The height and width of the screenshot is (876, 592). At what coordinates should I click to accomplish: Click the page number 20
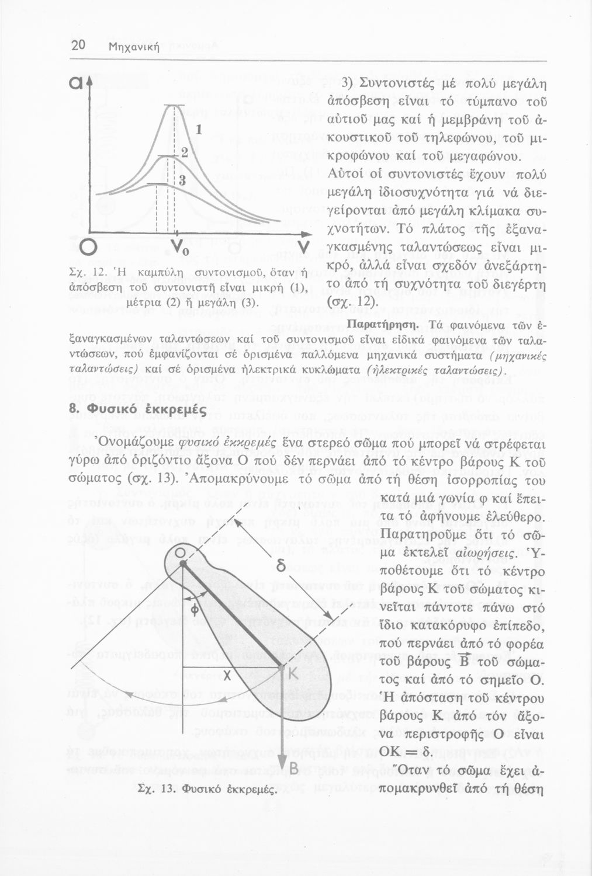click(78, 47)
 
